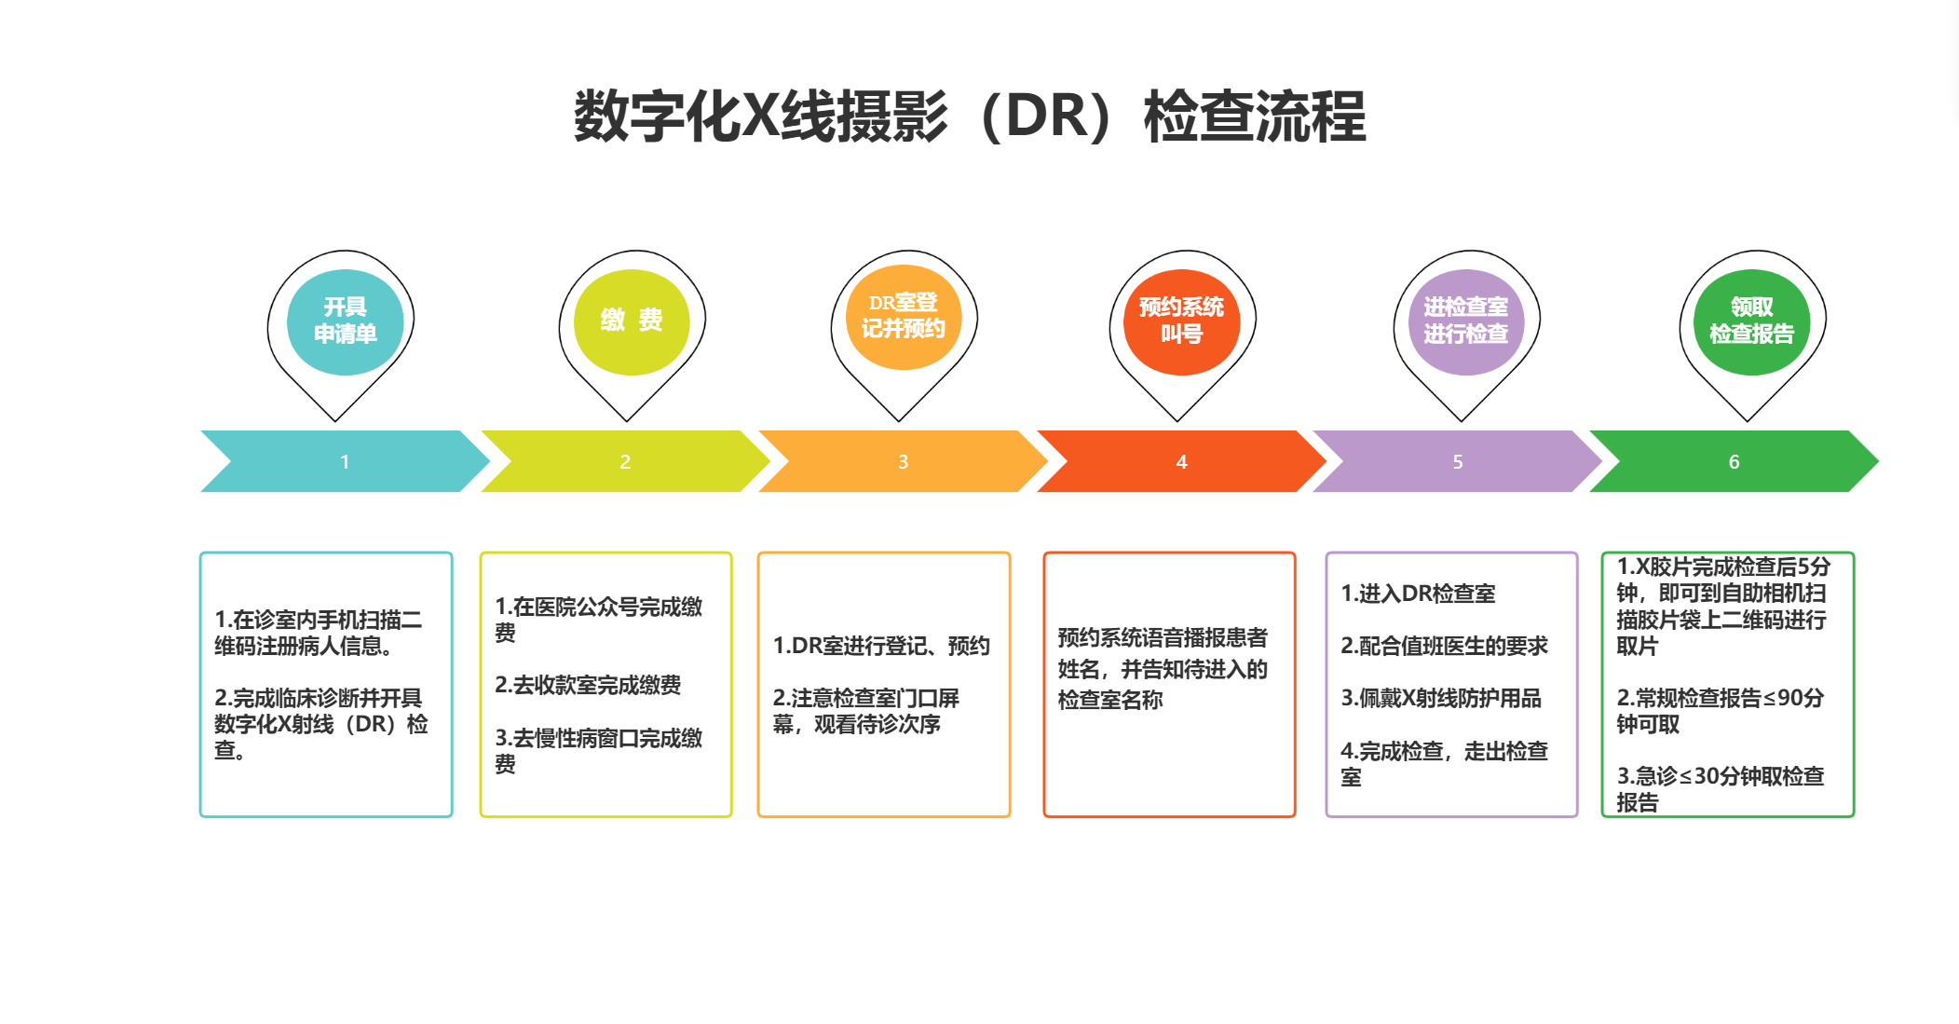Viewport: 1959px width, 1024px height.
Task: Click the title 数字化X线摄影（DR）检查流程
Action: [x=970, y=116]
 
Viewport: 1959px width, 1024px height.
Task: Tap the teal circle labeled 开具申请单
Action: [x=345, y=321]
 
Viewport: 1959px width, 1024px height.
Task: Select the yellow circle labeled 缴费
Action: [x=632, y=321]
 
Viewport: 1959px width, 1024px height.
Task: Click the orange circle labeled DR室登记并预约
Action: [x=903, y=317]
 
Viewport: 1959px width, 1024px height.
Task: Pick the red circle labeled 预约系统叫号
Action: [x=1181, y=321]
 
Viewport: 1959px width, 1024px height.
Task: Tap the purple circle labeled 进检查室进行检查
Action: [x=1465, y=321]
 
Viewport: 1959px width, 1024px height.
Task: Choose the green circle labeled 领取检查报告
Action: [x=1751, y=321]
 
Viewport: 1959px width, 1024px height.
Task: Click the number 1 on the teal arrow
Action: [x=345, y=462]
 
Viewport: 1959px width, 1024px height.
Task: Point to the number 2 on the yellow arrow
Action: [x=625, y=462]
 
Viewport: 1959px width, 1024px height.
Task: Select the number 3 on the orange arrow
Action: [x=903, y=462]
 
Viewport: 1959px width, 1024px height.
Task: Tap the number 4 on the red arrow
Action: [x=1181, y=462]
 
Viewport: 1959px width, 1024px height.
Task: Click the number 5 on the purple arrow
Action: [x=1458, y=462]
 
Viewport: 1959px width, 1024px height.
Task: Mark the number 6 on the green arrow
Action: [x=1734, y=462]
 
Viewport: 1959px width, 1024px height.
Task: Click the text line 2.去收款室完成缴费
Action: [x=588, y=685]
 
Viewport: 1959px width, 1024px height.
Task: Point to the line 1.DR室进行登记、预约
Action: [x=881, y=646]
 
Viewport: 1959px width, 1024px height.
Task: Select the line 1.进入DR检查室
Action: [x=1418, y=594]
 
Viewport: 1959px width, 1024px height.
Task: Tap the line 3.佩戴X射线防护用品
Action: [x=1441, y=698]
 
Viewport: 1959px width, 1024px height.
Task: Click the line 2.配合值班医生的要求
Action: [x=1444, y=646]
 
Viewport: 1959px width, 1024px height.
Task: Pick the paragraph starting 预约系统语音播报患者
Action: [x=1163, y=669]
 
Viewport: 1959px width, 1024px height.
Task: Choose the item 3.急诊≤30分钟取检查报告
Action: [x=1720, y=788]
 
